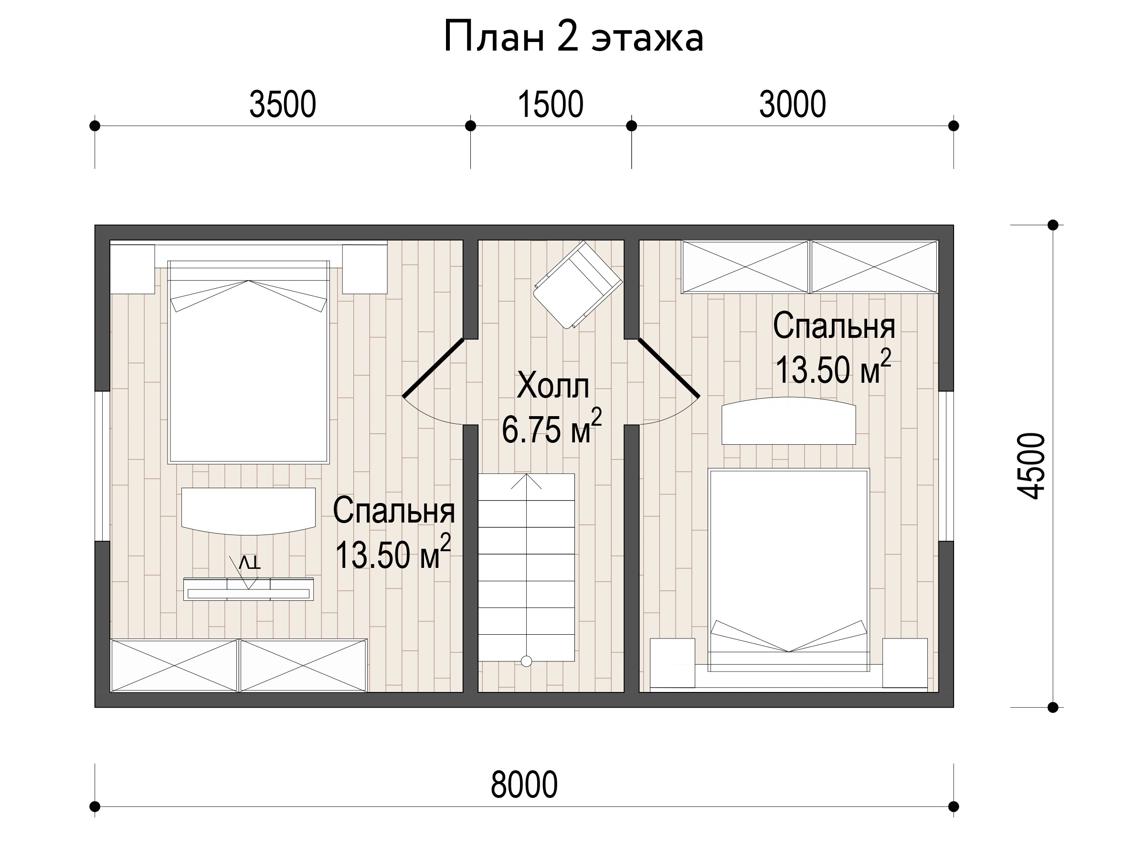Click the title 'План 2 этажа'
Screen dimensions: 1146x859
point(573,37)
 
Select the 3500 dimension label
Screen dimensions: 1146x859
point(282,104)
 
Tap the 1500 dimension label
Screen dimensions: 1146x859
point(550,104)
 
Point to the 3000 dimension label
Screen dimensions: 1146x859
point(792,104)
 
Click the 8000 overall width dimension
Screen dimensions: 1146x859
point(524,785)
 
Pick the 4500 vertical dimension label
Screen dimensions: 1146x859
point(1031,466)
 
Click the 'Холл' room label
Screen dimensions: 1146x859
point(553,386)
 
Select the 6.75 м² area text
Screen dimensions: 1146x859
point(552,427)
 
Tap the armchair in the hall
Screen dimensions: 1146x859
point(578,284)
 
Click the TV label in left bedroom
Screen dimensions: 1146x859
point(250,562)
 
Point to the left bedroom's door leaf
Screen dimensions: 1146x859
point(433,367)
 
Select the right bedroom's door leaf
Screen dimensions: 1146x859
point(669,367)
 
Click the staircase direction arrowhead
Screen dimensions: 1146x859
point(526,481)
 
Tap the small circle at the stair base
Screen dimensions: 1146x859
point(526,661)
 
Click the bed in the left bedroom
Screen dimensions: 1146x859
point(249,362)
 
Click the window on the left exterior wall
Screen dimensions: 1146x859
point(102,466)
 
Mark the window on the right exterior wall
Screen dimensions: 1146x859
point(946,466)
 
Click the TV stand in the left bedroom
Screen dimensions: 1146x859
point(249,589)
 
